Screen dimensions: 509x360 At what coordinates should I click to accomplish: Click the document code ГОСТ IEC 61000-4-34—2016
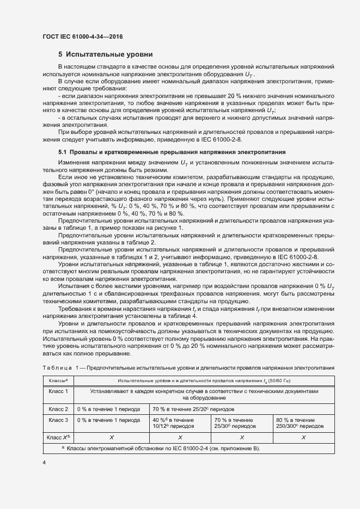[82, 36]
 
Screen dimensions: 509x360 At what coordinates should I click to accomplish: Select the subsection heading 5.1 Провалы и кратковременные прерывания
[172, 151]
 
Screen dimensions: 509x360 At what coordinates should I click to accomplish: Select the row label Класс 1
[58, 391]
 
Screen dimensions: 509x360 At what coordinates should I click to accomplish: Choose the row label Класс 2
[58, 409]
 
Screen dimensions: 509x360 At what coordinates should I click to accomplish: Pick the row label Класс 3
[58, 420]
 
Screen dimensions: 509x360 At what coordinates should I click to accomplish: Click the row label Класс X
[58, 437]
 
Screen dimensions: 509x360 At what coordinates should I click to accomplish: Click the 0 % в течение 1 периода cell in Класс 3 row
[109, 420]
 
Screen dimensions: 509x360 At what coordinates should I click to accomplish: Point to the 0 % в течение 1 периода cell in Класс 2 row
[109, 409]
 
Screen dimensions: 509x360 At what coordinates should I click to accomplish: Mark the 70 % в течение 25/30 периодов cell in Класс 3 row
[234, 424]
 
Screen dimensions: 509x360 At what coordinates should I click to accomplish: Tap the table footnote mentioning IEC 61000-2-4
[161, 448]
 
